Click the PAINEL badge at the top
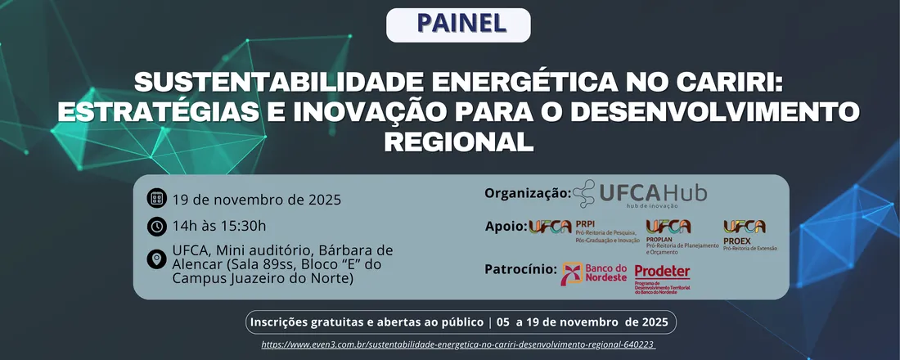coord(458,25)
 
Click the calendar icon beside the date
coord(157,199)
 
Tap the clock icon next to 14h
coord(157,227)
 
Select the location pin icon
coord(157,260)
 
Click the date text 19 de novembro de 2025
coord(256,199)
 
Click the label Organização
coord(528,193)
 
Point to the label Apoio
coord(506,227)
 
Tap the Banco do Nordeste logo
coord(594,273)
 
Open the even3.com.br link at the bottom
coord(458,345)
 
